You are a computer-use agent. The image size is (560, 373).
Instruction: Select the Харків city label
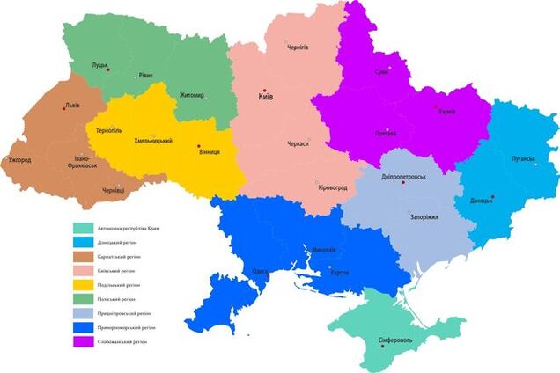pyautogui.click(x=446, y=113)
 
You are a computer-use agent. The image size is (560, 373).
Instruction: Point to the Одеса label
pyautogui.click(x=261, y=272)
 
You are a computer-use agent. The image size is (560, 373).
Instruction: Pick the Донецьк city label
pyautogui.click(x=482, y=201)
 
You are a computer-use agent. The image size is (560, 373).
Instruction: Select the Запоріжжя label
pyautogui.click(x=424, y=216)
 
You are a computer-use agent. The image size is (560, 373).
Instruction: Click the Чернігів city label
pyautogui.click(x=298, y=47)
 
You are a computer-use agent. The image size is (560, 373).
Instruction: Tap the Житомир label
pyautogui.click(x=191, y=95)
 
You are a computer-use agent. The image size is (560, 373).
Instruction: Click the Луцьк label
pyautogui.click(x=99, y=64)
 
